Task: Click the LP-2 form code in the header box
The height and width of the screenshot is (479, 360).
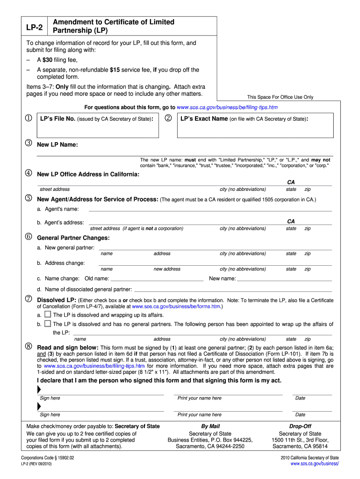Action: click(x=34, y=27)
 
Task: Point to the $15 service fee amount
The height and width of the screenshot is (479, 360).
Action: click(x=115, y=70)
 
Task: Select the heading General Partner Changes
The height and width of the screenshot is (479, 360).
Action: click(x=73, y=238)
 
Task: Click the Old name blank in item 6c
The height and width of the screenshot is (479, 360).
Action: click(x=157, y=278)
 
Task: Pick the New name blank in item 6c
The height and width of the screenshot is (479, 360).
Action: click(x=285, y=278)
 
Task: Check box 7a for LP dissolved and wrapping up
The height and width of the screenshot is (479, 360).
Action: click(x=47, y=315)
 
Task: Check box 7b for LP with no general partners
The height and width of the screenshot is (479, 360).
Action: click(x=47, y=324)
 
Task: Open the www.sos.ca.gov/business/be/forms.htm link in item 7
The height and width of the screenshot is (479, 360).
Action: click(x=176, y=307)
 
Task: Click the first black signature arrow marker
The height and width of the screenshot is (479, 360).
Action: click(x=39, y=390)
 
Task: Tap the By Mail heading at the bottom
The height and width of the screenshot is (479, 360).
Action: click(x=210, y=426)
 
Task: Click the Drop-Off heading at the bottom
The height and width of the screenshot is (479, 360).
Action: click(x=300, y=426)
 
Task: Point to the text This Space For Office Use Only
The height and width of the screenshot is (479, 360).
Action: click(x=280, y=97)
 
